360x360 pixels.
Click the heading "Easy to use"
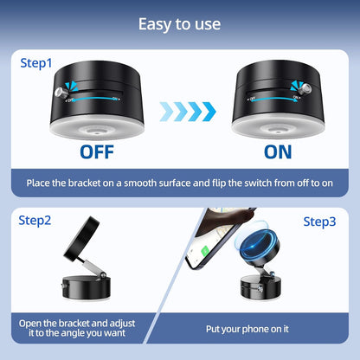tap(180, 23)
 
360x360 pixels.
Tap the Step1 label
tap(37, 63)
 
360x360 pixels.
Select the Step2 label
tap(35, 221)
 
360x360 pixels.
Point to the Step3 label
tap(320, 222)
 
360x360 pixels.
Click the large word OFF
tap(103, 152)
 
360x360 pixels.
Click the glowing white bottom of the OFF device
tap(103, 126)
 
